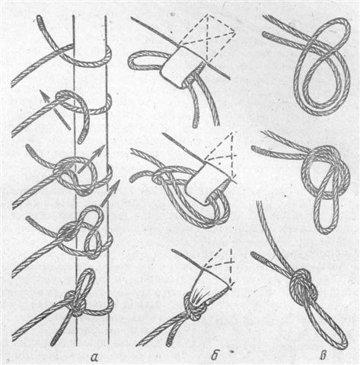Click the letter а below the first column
(94, 357)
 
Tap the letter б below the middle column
(215, 355)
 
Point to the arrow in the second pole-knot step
(55, 110)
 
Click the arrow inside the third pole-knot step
(90, 159)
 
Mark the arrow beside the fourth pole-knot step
(110, 193)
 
